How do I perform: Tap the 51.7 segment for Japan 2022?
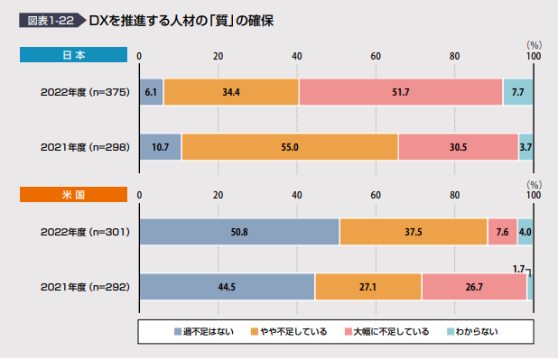tap(400, 92)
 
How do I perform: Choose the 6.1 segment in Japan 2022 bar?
tap(151, 92)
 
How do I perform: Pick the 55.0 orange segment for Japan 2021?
tap(290, 146)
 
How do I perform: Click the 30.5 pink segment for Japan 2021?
tap(458, 146)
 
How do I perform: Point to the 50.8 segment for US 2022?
tap(239, 232)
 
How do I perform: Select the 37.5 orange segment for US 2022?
tap(414, 232)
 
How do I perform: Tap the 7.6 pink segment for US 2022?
tap(502, 232)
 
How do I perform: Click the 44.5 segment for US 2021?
tap(227, 286)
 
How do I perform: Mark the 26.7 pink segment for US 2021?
tap(474, 286)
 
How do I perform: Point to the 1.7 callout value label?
tap(518, 269)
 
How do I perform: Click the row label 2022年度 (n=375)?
tap(86, 92)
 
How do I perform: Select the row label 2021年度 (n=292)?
tap(86, 286)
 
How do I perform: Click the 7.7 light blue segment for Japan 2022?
tap(517, 92)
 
